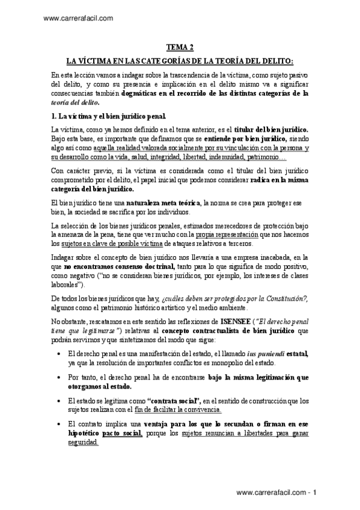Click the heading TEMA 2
pos(180,48)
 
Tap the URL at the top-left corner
pos(79,19)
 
